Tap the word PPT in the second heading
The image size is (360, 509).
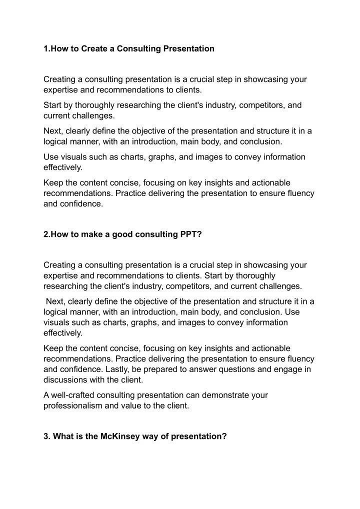191,233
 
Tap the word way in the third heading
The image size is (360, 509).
149,436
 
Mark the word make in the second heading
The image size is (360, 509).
87,233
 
